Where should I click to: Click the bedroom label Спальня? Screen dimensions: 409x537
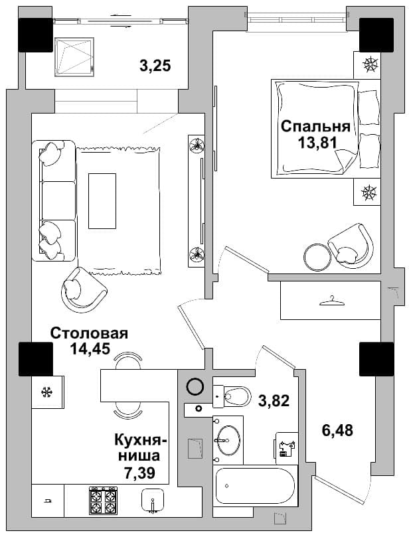[315, 126]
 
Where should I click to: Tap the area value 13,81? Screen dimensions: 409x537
[317, 143]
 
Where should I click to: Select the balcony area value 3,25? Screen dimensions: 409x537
[155, 66]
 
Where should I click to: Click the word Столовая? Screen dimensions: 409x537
[89, 333]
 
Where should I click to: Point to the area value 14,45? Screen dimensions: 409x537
[90, 348]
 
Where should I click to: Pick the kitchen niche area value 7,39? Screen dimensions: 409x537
[139, 473]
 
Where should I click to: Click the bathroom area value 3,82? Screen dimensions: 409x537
[274, 400]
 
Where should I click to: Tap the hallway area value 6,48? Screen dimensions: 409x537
[337, 430]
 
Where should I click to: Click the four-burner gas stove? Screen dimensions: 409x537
[103, 500]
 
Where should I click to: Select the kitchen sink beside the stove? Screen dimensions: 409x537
[153, 500]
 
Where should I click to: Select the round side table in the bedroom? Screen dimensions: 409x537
[317, 257]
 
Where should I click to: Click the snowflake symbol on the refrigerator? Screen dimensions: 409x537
[46, 392]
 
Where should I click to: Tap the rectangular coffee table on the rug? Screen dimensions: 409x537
[102, 200]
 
